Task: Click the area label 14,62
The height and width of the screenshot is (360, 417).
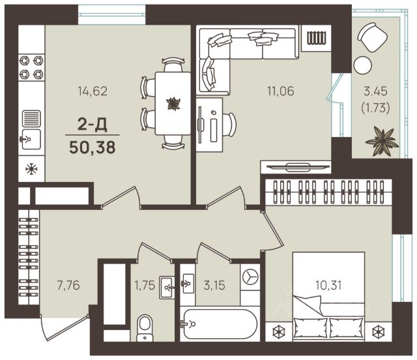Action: coord(93,91)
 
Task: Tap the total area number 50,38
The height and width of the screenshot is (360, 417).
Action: coord(93,147)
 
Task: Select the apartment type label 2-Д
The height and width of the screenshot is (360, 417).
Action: coord(93,125)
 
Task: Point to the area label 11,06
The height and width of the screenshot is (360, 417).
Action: coord(281,91)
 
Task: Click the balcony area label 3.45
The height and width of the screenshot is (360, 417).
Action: coord(375,91)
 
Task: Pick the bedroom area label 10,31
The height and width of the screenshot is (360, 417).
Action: coord(328,285)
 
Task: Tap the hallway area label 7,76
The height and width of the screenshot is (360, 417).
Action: coord(68,285)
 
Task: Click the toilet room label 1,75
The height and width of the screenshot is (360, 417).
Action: coord(145,285)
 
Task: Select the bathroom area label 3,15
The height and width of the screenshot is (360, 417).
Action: coord(214,285)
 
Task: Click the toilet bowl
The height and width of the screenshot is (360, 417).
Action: coord(145,328)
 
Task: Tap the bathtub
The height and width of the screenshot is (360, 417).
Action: coord(219,323)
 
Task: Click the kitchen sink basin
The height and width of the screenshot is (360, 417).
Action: coord(31,140)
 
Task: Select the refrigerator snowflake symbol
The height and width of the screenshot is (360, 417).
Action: coord(31,169)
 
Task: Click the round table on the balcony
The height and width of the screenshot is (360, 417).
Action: coord(362,65)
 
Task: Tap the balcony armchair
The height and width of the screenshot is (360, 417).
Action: coord(372,37)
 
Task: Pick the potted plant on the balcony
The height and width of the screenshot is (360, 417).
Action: coord(382,142)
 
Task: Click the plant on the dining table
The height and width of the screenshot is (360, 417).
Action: coord(173,104)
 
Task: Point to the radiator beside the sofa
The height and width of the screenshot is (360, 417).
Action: coord(316,38)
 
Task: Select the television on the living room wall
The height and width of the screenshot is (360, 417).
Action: coord(297,167)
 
